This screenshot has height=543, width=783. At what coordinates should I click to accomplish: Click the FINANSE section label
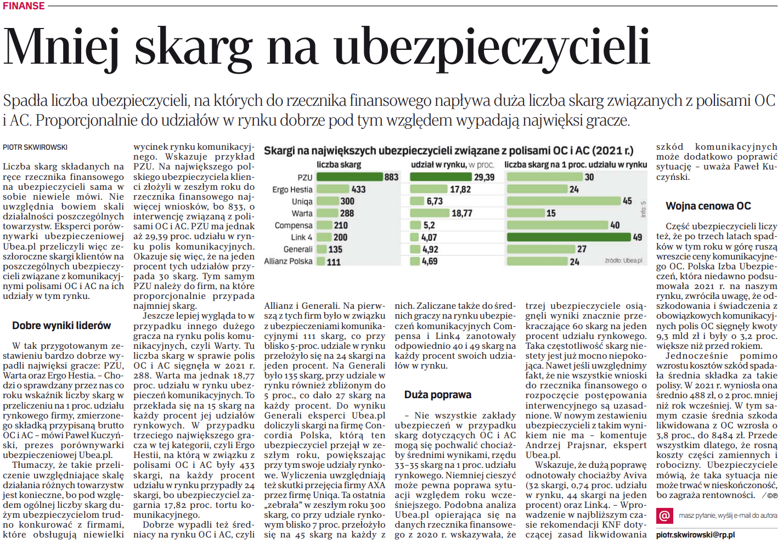(x=24, y=6)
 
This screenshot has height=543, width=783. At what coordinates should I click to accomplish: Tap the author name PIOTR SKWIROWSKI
(x=35, y=147)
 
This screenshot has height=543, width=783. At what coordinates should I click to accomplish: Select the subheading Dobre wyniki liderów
(x=61, y=326)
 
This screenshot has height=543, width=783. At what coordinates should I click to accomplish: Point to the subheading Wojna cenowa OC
(x=708, y=206)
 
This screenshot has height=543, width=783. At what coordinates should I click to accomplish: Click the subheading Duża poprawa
(x=438, y=395)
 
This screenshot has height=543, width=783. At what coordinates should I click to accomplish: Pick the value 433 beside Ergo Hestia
(x=358, y=189)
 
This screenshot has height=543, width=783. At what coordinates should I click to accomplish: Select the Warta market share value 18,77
(x=461, y=213)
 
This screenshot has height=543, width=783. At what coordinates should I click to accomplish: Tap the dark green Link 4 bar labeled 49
(x=568, y=237)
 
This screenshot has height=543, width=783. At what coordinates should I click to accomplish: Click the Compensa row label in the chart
(x=294, y=225)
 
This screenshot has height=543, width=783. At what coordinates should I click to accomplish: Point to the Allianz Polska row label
(x=288, y=262)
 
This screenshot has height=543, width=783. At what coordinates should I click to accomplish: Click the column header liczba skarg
(x=339, y=165)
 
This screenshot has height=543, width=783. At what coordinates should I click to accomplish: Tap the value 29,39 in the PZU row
(x=484, y=177)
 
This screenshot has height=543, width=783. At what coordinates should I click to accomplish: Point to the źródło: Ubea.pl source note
(x=623, y=261)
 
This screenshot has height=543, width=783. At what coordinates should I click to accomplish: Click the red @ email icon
(x=664, y=516)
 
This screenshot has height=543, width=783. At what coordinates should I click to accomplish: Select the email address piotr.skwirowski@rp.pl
(x=695, y=535)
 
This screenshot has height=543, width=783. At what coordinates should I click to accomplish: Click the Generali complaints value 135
(x=335, y=250)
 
